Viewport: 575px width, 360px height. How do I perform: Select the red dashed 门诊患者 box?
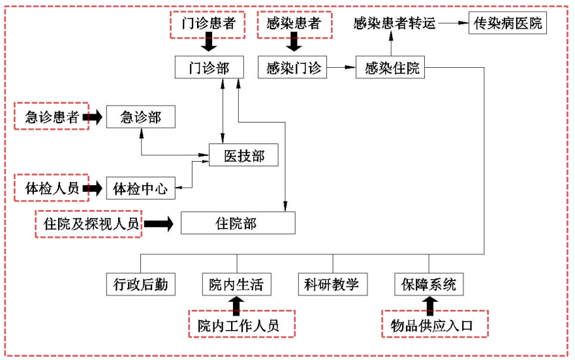[208, 24]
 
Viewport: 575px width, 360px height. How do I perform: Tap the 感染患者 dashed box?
[294, 24]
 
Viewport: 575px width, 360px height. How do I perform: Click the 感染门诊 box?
[294, 68]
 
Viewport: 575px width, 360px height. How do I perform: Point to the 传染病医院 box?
[508, 24]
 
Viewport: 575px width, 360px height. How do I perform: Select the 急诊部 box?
[141, 117]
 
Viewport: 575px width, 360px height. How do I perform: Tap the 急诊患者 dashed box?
[52, 117]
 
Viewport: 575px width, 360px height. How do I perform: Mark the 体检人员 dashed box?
[52, 189]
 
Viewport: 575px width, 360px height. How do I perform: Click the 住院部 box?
[238, 224]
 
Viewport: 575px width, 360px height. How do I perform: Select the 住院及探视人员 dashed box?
[87, 224]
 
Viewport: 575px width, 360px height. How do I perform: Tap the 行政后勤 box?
[140, 284]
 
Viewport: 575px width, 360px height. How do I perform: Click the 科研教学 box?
[332, 284]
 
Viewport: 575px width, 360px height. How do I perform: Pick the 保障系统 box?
[429, 284]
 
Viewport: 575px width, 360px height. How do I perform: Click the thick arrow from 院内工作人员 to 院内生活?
[236, 305]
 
